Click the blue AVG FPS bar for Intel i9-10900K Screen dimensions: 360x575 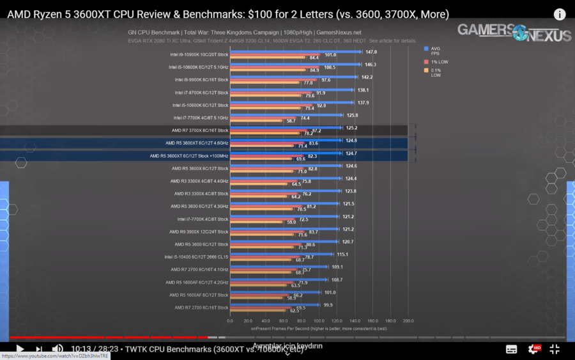point(294,52)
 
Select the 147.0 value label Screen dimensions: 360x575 point(371,52)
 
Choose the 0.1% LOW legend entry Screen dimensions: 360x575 point(436,72)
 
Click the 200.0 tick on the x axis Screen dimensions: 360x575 point(408,321)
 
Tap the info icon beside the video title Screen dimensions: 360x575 point(559,14)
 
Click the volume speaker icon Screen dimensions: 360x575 point(57,349)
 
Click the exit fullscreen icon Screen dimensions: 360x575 point(555,349)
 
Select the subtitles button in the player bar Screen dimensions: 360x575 point(511,349)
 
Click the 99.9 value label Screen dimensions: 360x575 point(328,305)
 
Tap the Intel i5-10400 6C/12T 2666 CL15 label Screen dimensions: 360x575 point(196,257)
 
